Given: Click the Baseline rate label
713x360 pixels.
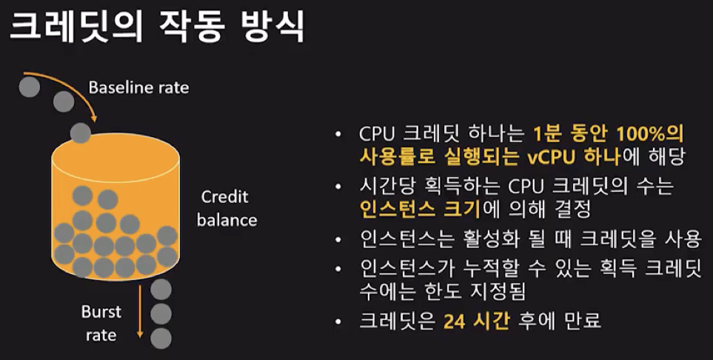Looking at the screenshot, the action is click(x=138, y=87).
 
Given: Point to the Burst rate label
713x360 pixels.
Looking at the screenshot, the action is click(x=101, y=324).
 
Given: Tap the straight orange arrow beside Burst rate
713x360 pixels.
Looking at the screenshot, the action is click(x=138, y=311).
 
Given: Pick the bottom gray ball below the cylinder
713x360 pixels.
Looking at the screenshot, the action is click(x=161, y=338).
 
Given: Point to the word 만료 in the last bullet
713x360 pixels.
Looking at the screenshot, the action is click(x=583, y=322).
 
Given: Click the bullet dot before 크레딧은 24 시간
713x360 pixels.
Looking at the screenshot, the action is click(x=338, y=323).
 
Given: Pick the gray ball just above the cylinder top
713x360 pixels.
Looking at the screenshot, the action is click(x=80, y=134).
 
